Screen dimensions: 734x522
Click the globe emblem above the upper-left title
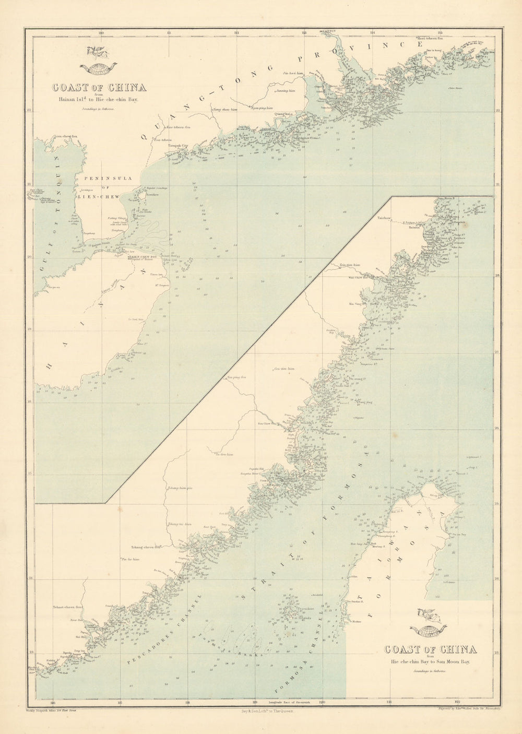point(98,66)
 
